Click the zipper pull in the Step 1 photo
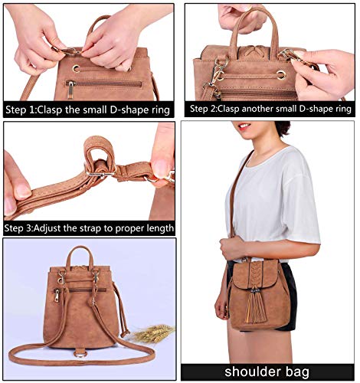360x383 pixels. (x=70, y=90)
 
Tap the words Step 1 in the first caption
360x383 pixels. (x=20, y=110)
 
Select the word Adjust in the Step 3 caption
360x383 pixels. (x=47, y=228)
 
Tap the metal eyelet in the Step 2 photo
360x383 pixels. (x=281, y=74)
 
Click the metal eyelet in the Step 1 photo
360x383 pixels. (x=76, y=68)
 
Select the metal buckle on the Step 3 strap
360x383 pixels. (x=100, y=174)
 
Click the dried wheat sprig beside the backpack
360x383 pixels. (x=153, y=333)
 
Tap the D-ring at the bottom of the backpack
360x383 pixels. (x=80, y=354)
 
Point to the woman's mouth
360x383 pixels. (x=244, y=126)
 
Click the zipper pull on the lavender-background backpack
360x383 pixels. (x=57, y=296)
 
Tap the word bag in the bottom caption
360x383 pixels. (x=297, y=372)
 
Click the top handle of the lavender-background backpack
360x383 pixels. (x=80, y=257)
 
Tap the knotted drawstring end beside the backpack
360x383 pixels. (x=125, y=333)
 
